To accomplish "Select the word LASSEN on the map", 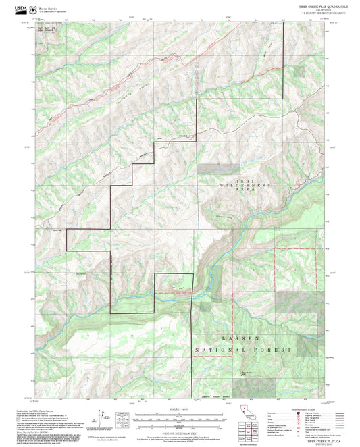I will [243, 337].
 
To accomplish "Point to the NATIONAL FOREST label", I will [244, 350].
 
